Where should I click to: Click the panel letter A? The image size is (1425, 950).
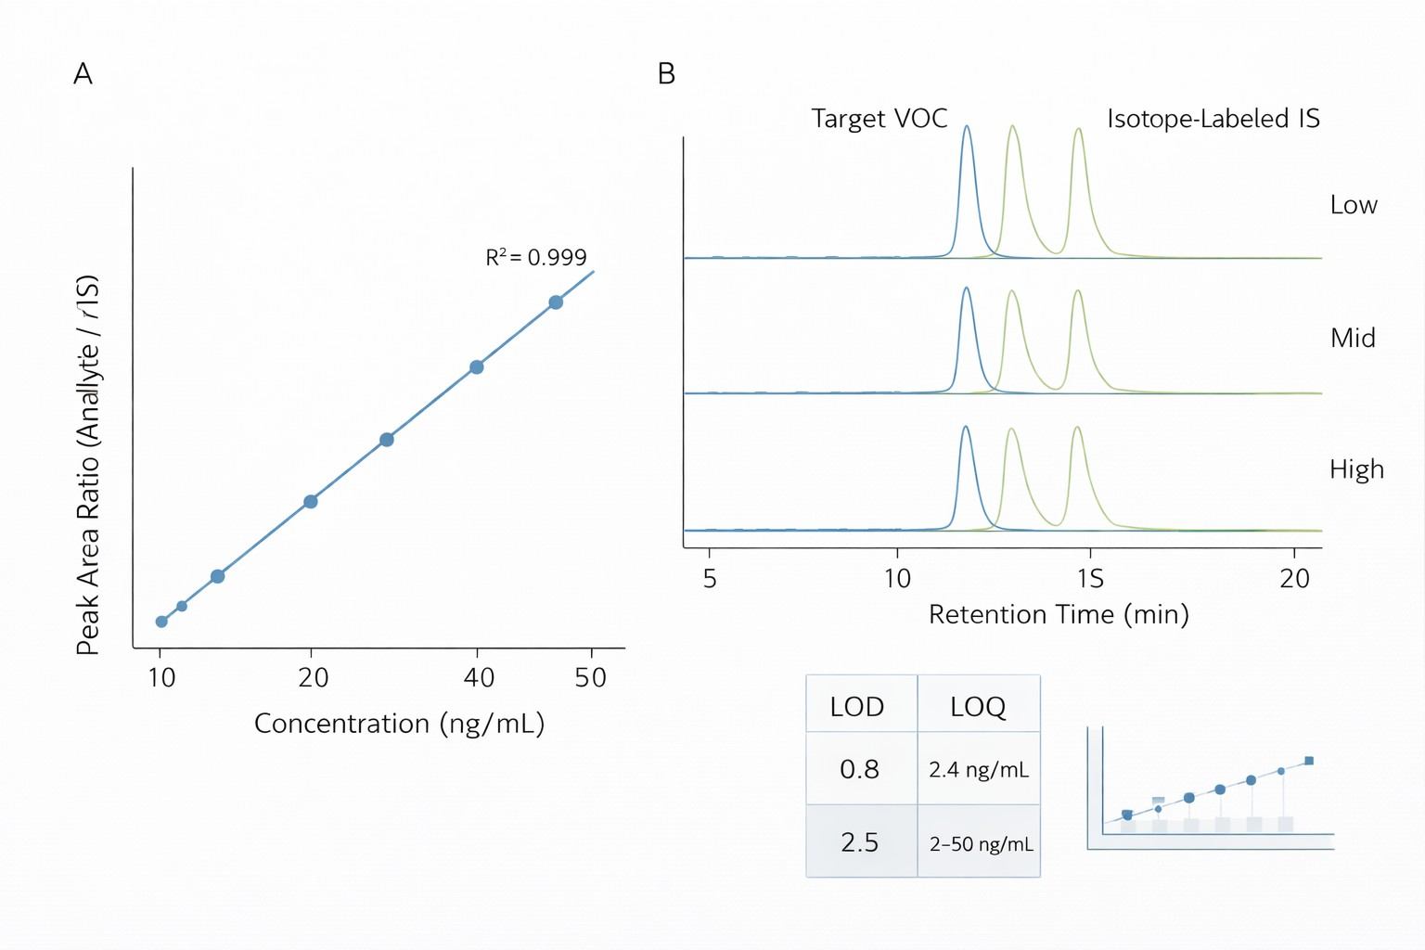click(x=83, y=74)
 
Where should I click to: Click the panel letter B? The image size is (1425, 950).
click(x=666, y=74)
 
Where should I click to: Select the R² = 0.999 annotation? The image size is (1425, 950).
click(x=536, y=257)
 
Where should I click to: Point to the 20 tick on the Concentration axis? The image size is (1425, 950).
click(x=313, y=677)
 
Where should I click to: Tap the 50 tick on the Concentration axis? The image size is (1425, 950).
click(x=591, y=677)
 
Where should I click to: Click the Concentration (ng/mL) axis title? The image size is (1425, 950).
click(x=399, y=724)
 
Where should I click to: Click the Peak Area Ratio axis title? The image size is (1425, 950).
click(x=87, y=465)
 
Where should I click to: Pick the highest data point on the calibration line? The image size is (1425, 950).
click(x=556, y=302)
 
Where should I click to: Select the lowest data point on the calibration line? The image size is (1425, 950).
click(x=161, y=622)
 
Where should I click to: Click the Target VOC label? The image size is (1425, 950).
click(x=879, y=119)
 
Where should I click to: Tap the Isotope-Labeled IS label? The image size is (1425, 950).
click(x=1213, y=119)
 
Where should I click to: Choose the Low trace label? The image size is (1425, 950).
click(x=1354, y=205)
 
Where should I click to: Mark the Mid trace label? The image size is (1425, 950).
click(x=1353, y=338)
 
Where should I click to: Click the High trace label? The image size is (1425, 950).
click(x=1356, y=469)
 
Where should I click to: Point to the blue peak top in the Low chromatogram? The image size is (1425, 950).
click(x=967, y=127)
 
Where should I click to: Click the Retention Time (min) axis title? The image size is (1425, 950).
click(x=1059, y=614)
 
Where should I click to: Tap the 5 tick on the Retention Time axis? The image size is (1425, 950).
click(x=710, y=579)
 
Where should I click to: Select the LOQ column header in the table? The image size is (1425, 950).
click(x=978, y=707)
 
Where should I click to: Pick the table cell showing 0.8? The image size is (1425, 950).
click(x=860, y=769)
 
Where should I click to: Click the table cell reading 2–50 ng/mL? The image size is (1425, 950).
click(x=981, y=844)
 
